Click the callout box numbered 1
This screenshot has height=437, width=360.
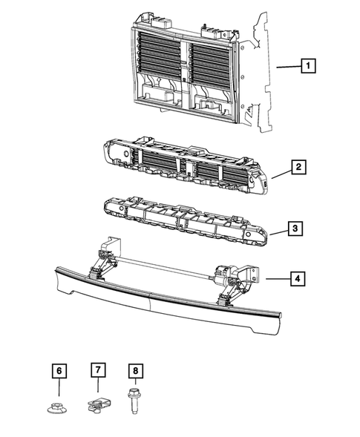coord(308,66)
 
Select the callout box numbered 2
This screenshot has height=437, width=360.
coord(298,167)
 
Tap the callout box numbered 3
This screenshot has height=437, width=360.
coord(295,229)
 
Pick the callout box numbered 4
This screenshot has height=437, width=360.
coord(298,278)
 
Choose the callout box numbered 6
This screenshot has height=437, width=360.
coord(59,371)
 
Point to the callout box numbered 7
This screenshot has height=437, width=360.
coord(98,369)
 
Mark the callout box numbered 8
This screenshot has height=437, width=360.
coord(136,371)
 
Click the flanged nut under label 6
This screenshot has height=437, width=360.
coord(57,407)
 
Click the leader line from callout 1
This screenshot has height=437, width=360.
coord(289,67)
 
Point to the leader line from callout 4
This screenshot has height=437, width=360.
coord(278,278)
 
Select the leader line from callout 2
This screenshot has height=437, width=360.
coord(282,174)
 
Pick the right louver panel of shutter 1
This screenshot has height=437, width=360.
coord(210,64)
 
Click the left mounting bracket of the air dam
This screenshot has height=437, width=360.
coord(111,248)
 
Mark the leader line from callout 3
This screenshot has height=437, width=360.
coord(279,233)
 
